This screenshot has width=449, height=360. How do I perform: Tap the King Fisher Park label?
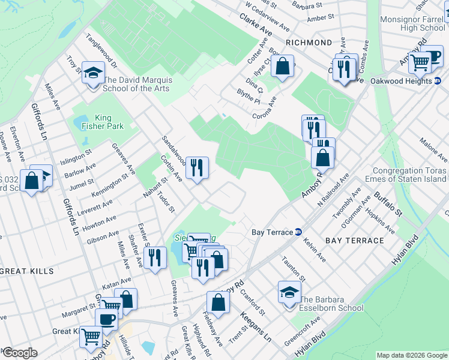101,122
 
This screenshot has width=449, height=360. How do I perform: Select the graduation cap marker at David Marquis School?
93,74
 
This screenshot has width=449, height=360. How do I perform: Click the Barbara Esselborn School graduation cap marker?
289,293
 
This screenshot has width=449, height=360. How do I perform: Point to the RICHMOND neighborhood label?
309,43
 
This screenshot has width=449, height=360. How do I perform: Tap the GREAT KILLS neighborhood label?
26,271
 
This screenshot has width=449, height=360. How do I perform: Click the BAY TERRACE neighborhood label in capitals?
354,240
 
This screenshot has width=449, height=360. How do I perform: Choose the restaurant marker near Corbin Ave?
197,168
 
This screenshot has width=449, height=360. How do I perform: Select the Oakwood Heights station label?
401,80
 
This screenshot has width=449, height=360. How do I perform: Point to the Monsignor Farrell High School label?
414,23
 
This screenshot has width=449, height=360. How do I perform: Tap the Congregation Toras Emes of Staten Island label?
409,175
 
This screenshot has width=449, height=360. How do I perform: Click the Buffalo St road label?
387,204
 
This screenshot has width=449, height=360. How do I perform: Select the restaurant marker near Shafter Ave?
155,258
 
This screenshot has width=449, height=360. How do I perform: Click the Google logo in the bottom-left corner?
19,353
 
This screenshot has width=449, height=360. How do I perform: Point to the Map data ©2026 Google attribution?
411,355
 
